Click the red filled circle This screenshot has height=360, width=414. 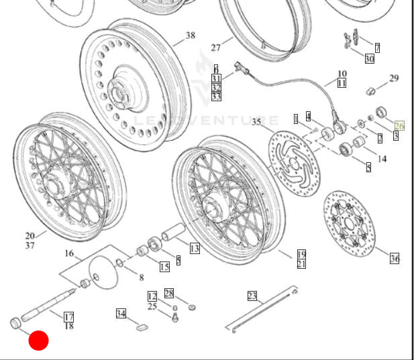click(38, 341)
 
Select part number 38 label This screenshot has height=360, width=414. click(191, 36)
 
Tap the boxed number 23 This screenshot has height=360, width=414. click(252, 296)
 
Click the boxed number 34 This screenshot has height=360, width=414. click(121, 313)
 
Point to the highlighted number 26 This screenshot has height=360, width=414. click(400, 125)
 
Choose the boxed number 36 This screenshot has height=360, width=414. click(395, 258)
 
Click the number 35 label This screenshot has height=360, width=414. click(256, 122)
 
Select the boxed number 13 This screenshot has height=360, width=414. click(194, 249)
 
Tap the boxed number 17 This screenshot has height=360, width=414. click(68, 316)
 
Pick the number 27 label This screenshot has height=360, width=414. click(215, 48)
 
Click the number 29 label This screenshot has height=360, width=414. click(394, 78)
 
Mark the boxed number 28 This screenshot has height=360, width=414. click(169, 293)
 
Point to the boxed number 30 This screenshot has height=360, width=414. click(369, 58)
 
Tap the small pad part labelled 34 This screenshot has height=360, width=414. click(142, 327)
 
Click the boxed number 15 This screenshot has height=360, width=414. click(164, 267)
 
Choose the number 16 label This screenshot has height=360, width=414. click(69, 253)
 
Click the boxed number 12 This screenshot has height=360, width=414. click(152, 296)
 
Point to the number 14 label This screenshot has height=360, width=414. click(382, 159)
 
